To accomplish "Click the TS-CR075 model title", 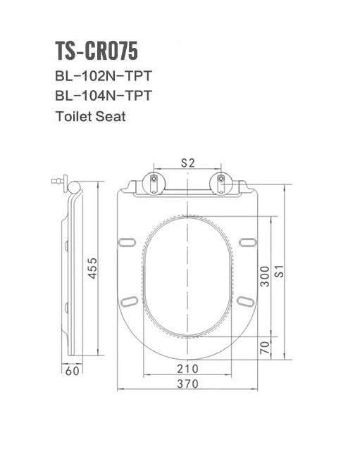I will click(x=97, y=51).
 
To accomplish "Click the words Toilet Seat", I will click(x=90, y=116).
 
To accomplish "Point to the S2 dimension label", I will click(x=187, y=163).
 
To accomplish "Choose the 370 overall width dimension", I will click(x=187, y=384).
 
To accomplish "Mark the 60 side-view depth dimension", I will click(x=71, y=370).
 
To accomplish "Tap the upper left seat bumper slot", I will click(x=128, y=243).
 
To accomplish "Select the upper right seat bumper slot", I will click(x=246, y=243).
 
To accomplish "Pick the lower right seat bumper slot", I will click(x=246, y=302).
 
